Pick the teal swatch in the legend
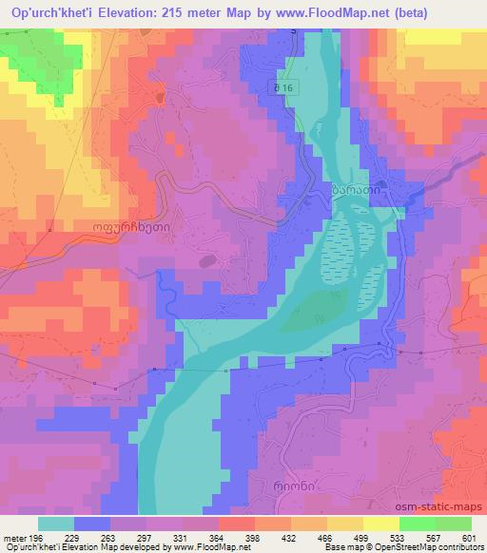click(x=54, y=524)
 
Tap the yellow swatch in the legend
click(x=380, y=524)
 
